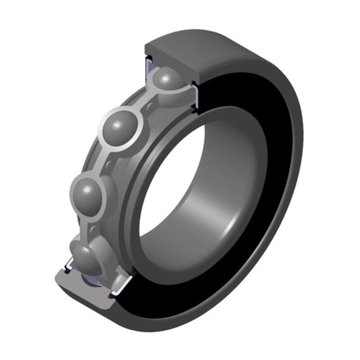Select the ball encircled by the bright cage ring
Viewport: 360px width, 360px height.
point(120,129)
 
